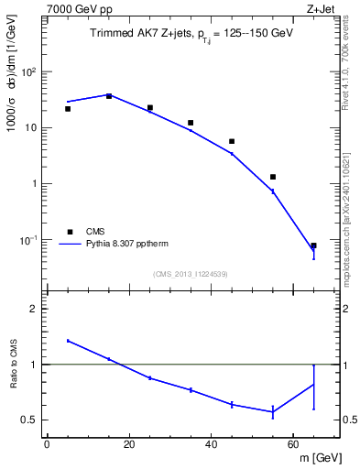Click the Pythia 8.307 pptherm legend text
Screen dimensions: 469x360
122,245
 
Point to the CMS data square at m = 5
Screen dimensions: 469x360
68,109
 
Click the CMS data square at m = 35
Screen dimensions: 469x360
191,123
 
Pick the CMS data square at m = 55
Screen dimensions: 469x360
273,177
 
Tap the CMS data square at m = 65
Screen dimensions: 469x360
313,245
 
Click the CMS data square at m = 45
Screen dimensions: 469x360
232,141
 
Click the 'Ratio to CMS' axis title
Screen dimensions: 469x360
15,365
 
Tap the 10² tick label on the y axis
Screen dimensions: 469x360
29,72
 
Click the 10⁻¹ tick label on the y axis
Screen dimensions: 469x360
29,240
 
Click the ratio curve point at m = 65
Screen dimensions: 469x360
313,385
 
